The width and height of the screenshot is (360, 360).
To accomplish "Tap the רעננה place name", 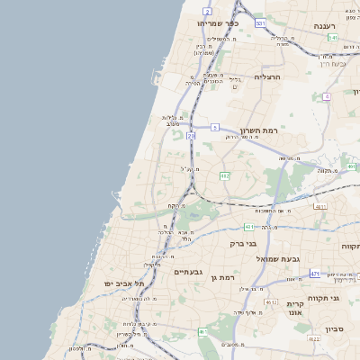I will pyautogui.click(x=344, y=26).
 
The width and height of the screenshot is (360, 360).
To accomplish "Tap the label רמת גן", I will pyautogui.click(x=220, y=278).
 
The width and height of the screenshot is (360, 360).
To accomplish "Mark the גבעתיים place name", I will pyautogui.click(x=190, y=271).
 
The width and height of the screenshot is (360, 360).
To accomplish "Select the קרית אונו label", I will pyautogui.click(x=297, y=310).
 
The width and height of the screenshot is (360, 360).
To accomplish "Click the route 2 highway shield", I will pyautogui.click(x=208, y=11).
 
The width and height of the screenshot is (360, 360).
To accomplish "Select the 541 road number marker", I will pyautogui.click(x=332, y=38).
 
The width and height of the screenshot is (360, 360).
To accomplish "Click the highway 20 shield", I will pyautogui.click(x=190, y=135).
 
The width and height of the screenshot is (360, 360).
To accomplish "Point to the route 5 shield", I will pyautogui.click(x=215, y=128).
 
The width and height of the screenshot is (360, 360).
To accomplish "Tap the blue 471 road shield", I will pyautogui.click(x=314, y=273).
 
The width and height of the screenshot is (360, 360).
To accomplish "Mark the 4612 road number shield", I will pyautogui.click(x=271, y=303).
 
